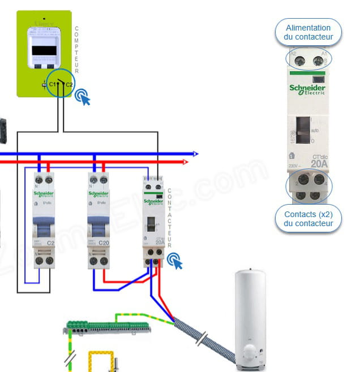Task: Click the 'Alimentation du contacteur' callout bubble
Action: (308, 32)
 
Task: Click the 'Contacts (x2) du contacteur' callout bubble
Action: (309, 219)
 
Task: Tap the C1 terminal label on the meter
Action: (52, 84)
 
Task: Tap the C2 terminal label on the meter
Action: (68, 84)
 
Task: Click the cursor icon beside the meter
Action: (83, 97)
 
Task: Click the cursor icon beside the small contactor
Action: (176, 262)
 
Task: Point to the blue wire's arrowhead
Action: (195, 153)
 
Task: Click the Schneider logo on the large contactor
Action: (307, 90)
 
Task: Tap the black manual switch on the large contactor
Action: (303, 131)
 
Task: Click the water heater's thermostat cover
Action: (250, 354)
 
